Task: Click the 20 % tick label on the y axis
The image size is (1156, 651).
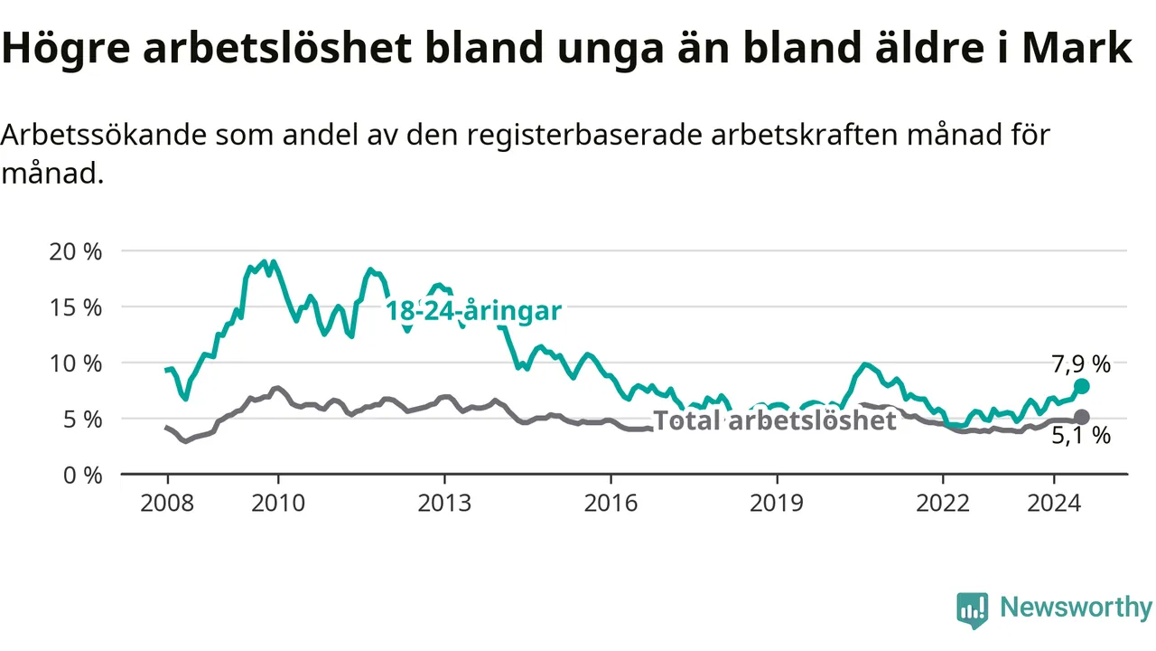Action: [75, 252]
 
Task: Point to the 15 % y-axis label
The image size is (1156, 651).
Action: [75, 308]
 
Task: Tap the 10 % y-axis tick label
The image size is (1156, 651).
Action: [75, 363]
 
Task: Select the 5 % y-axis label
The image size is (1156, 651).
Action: [82, 420]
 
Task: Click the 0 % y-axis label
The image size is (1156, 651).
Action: [82, 476]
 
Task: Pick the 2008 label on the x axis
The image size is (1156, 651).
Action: [167, 504]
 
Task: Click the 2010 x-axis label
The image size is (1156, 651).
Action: [278, 504]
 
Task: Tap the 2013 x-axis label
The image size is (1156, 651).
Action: [444, 504]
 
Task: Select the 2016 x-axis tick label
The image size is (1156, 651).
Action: [611, 504]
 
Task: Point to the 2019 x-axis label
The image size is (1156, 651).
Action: [777, 504]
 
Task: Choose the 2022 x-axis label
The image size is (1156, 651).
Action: [943, 504]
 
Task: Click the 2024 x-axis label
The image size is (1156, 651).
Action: [1054, 504]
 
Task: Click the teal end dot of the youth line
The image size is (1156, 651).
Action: [1082, 386]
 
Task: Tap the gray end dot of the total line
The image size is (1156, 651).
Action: [1082, 417]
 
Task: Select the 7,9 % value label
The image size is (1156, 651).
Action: [1081, 364]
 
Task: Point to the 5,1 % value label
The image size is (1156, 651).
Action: [1081, 436]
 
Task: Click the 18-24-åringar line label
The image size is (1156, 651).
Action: [473, 311]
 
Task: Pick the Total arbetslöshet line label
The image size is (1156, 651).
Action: [775, 420]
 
